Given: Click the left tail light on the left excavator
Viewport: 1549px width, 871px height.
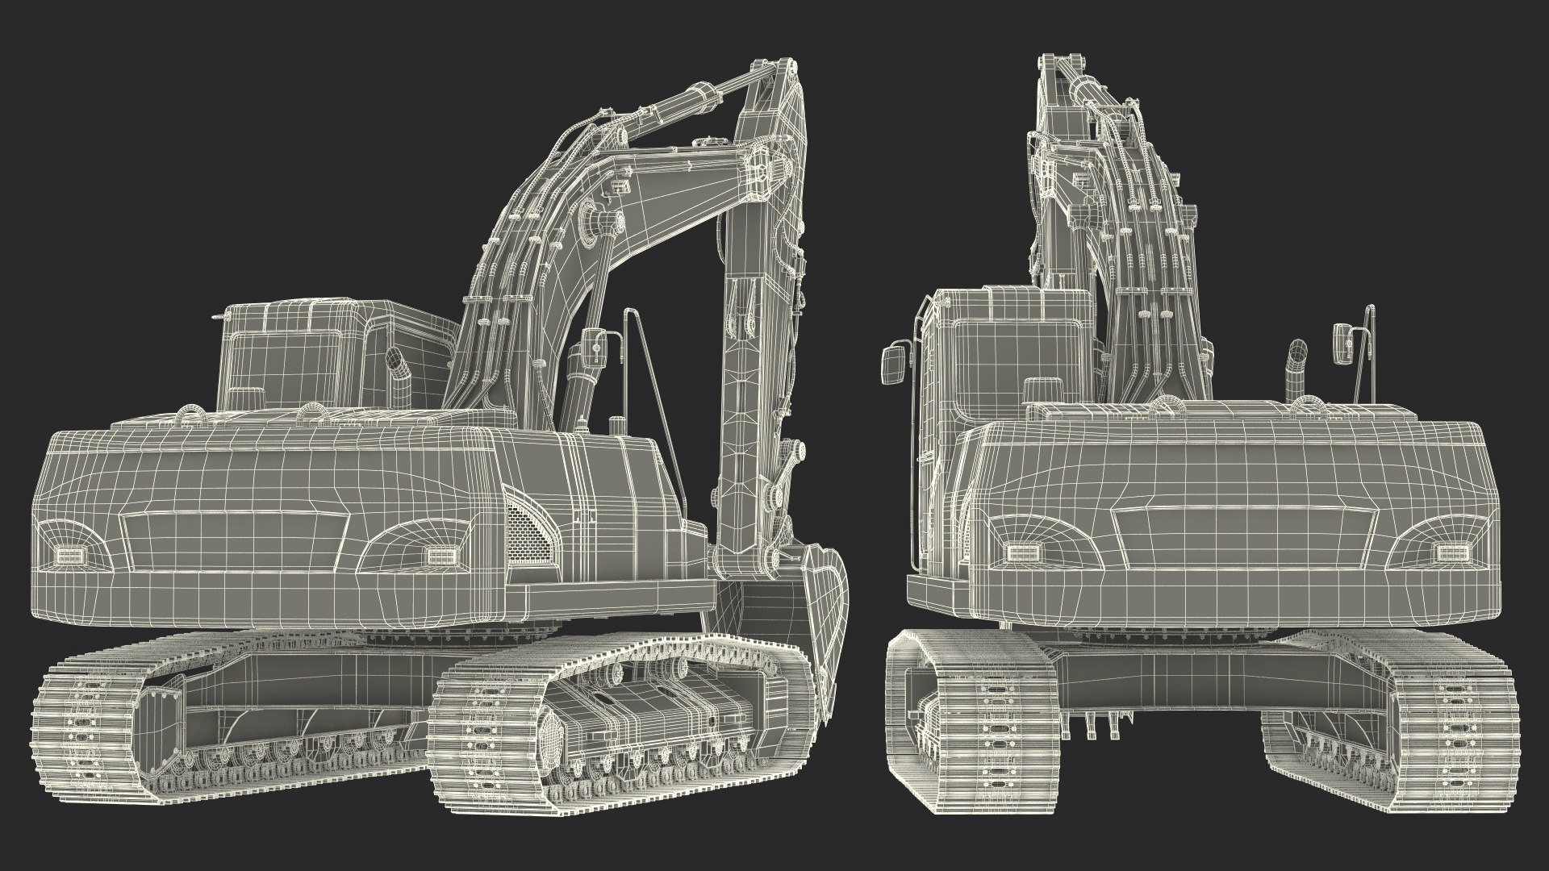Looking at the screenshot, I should coord(65,556).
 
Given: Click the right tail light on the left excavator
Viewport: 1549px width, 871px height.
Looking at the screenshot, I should coord(440,554).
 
